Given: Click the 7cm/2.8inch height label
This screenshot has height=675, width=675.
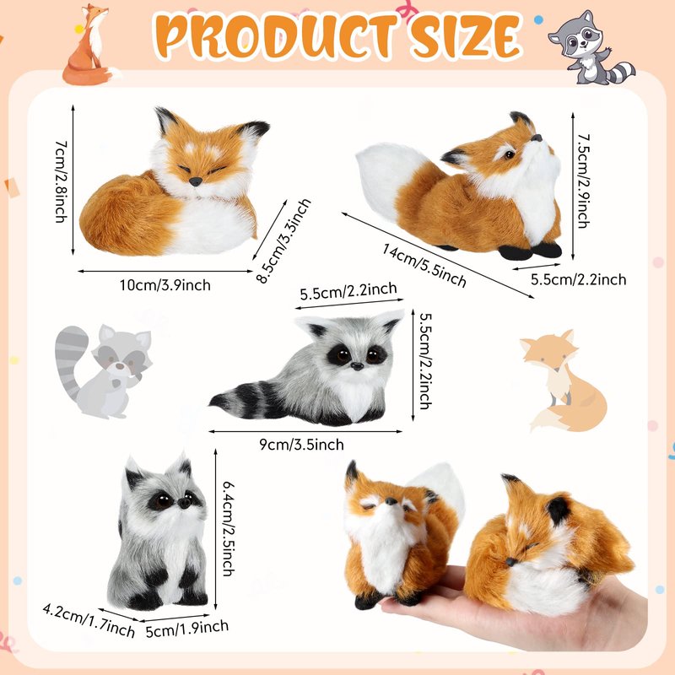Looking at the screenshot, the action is [62, 181].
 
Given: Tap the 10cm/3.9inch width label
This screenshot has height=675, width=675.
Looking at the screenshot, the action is [165, 285].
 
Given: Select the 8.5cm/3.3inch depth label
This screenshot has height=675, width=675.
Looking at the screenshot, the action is [283, 241].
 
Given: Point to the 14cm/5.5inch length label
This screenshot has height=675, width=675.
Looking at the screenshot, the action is [424, 265].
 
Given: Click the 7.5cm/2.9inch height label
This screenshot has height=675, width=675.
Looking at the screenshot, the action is [583, 181].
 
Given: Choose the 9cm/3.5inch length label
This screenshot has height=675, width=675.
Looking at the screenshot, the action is [301, 445].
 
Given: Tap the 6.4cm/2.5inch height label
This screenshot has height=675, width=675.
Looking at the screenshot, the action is [228, 529].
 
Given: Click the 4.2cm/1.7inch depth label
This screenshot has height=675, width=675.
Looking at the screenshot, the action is [89, 620].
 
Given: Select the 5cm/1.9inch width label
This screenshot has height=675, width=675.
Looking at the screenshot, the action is [186, 628].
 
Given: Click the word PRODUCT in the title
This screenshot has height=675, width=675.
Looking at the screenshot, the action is [277, 36].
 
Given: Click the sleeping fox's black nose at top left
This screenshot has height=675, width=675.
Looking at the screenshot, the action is [195, 181].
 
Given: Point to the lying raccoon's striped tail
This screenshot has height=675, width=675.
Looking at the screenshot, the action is [250, 399].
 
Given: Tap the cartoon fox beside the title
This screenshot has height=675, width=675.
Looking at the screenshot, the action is [89, 46].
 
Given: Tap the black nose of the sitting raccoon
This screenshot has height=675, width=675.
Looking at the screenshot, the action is [184, 503].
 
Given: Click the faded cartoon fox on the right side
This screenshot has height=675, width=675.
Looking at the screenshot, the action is [564, 381].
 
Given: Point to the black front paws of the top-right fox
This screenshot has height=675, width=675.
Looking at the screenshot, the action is [531, 251].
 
